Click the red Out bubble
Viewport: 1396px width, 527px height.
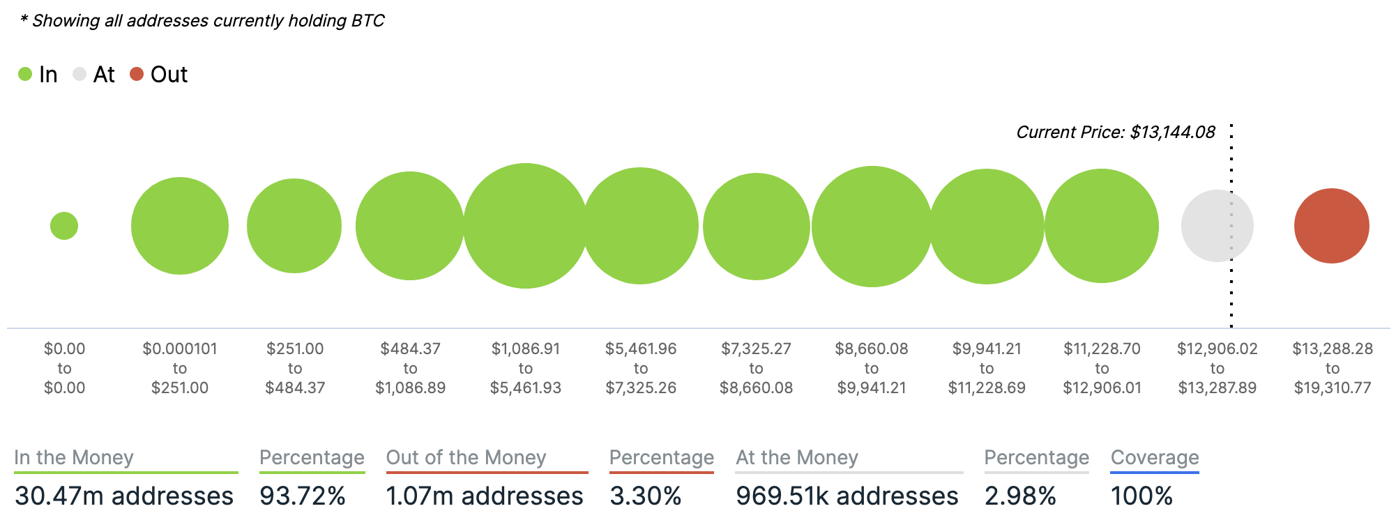pyautogui.click(x=1331, y=226)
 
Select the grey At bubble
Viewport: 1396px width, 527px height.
pyautogui.click(x=1217, y=226)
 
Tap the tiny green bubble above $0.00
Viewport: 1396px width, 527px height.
pyautogui.click(x=64, y=226)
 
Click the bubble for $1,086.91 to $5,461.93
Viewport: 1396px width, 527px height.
pyautogui.click(x=526, y=226)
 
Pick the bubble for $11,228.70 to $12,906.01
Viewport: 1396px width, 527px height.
pyautogui.click(x=1102, y=226)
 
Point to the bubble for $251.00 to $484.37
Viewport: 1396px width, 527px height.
pyautogui.click(x=294, y=226)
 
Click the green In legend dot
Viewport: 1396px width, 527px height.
pyautogui.click(x=25, y=74)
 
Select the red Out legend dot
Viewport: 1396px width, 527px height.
pyautogui.click(x=137, y=74)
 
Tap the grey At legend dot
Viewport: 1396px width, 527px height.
pyautogui.click(x=79, y=74)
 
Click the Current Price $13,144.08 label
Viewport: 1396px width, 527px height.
pyautogui.click(x=1115, y=132)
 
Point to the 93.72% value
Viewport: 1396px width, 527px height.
pyautogui.click(x=303, y=496)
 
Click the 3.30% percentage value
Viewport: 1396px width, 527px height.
pyautogui.click(x=645, y=496)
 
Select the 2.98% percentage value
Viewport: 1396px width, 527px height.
pyautogui.click(x=1020, y=496)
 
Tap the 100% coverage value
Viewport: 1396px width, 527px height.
pyautogui.click(x=1141, y=496)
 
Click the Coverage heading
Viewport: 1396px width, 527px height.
pyautogui.click(x=1155, y=457)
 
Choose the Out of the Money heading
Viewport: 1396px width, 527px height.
pyautogui.click(x=466, y=457)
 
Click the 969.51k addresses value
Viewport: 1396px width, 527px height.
pyautogui.click(x=847, y=496)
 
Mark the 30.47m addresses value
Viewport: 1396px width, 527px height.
pyautogui.click(x=124, y=496)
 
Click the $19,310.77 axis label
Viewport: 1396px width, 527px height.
pyautogui.click(x=1333, y=388)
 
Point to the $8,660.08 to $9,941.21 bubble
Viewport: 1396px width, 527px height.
pyautogui.click(x=872, y=226)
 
